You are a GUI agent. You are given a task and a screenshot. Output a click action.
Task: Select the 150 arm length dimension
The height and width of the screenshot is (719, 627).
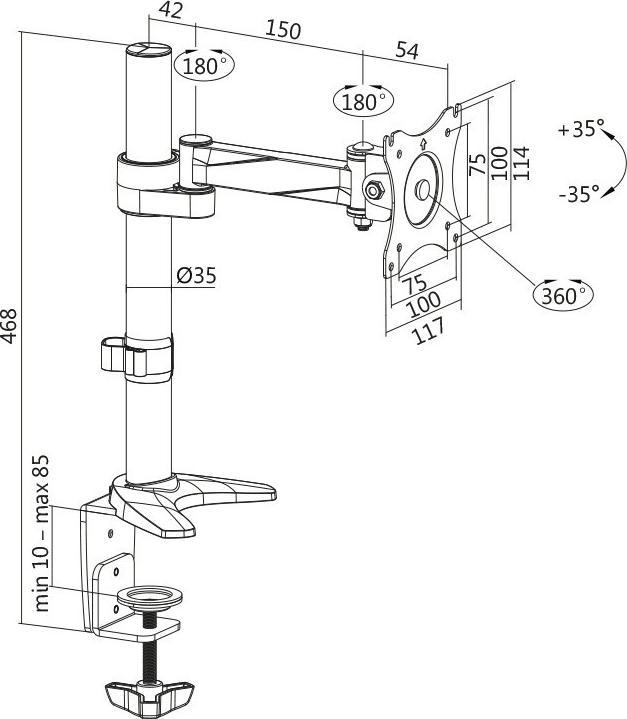(x=283, y=31)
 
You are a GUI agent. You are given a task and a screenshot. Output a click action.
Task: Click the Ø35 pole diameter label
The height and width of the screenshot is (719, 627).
(x=197, y=275)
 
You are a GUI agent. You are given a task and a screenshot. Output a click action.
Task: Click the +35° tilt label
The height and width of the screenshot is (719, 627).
(x=582, y=129)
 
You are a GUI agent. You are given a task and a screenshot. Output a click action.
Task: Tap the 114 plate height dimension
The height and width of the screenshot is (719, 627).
(x=521, y=163)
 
